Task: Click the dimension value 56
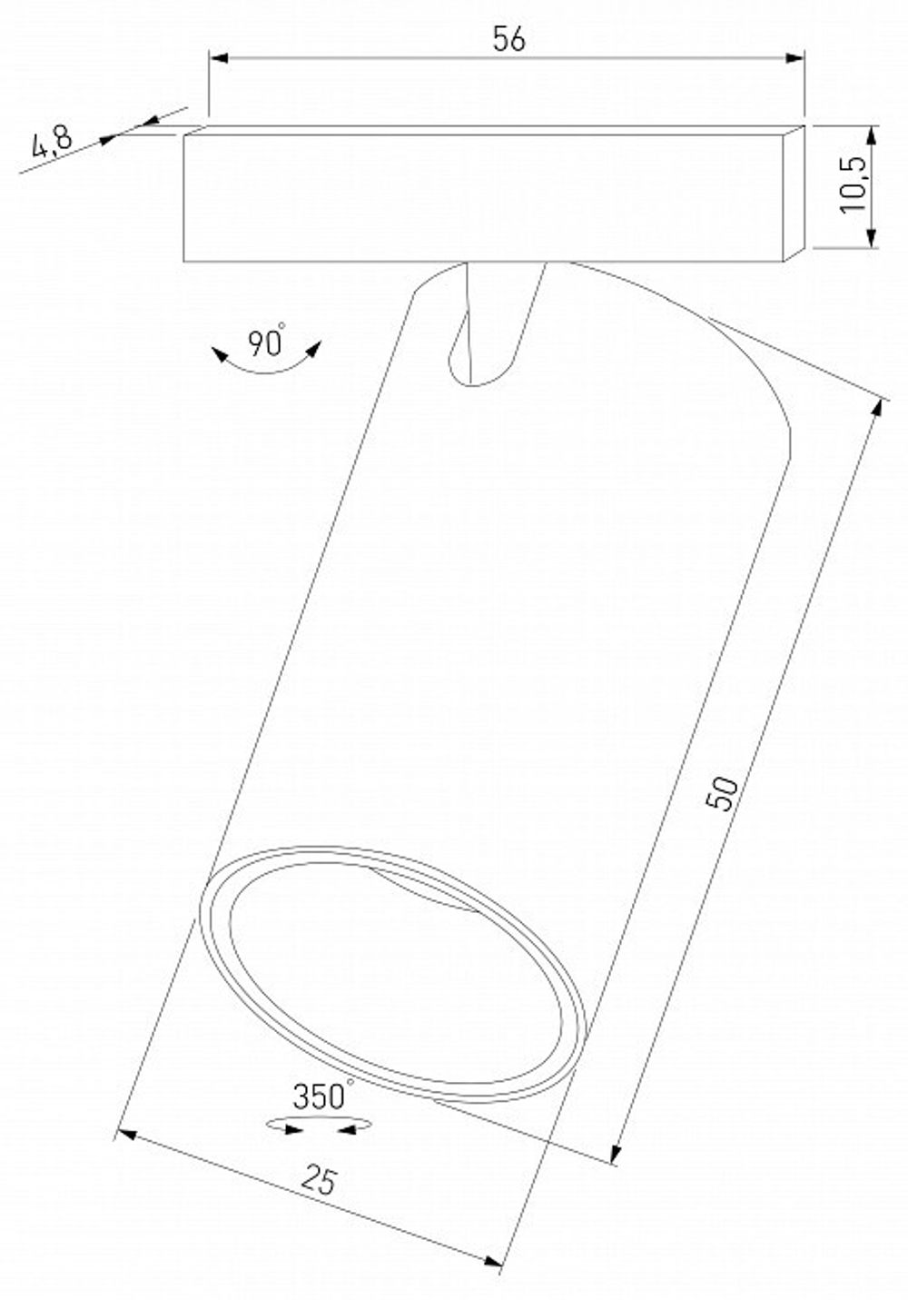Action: (508, 40)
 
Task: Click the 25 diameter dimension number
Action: (319, 1181)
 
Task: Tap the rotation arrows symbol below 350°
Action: (318, 1126)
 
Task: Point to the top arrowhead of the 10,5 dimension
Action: (871, 134)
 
